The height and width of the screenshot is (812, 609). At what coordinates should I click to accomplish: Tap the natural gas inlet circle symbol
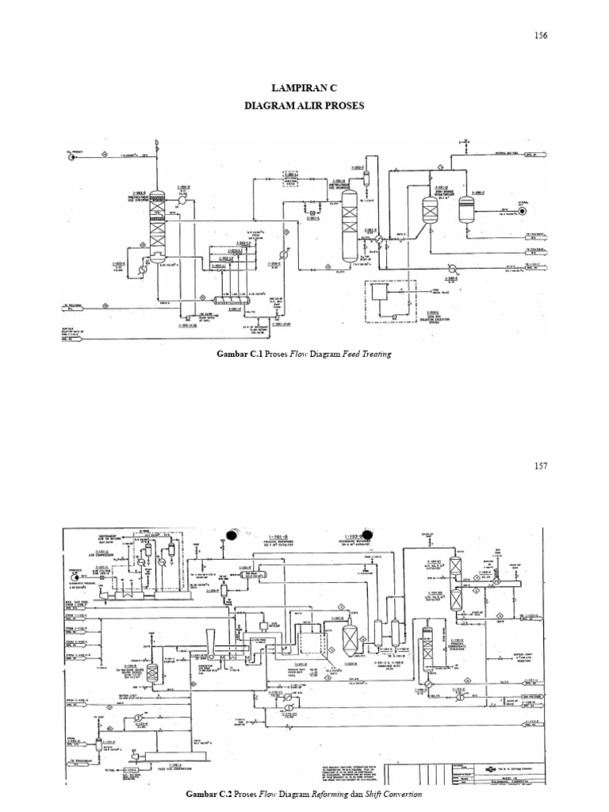523,212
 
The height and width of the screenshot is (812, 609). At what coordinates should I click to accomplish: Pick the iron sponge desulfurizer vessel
429,208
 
